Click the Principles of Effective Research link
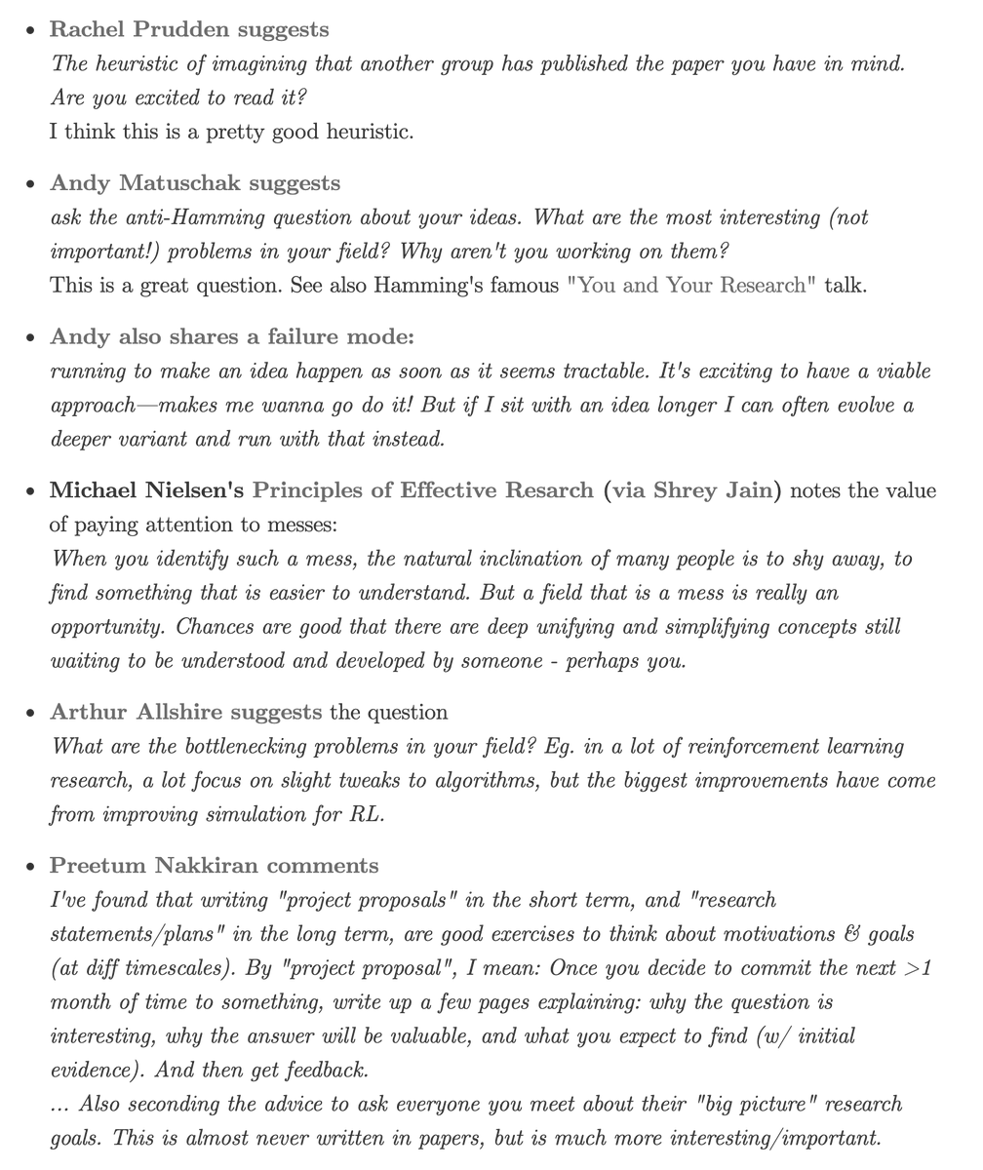pos(422,490)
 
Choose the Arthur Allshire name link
pos(136,713)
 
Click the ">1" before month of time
pos(919,968)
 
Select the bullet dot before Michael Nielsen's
pos(31,491)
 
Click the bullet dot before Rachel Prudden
pos(31,30)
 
